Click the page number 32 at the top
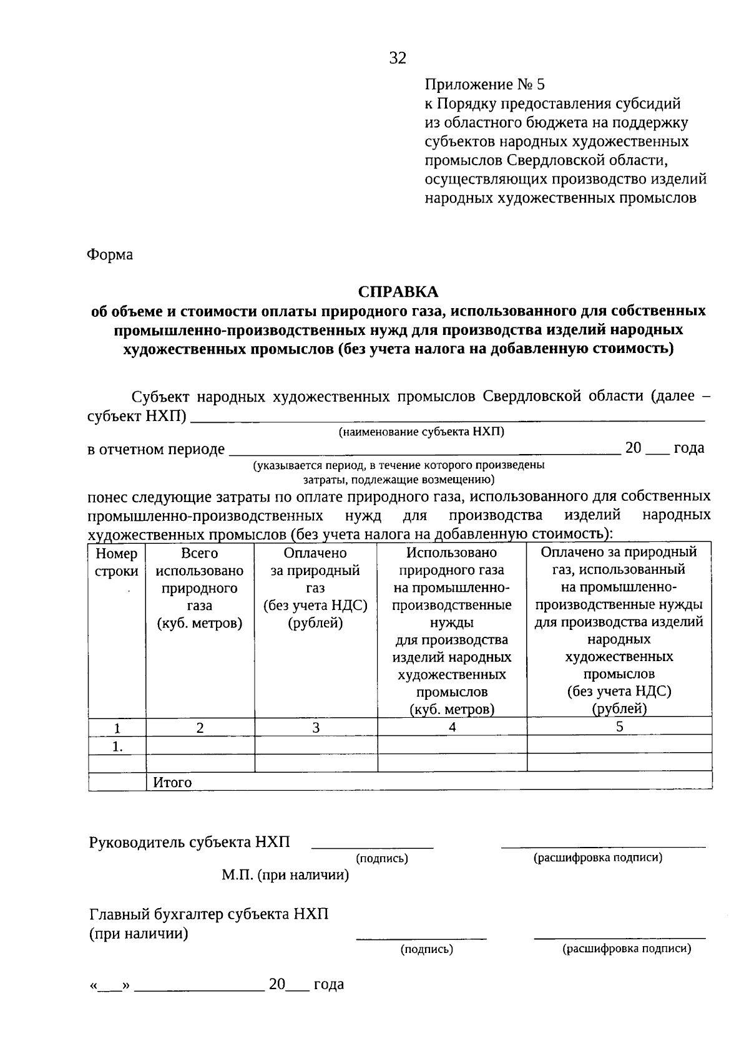click(x=398, y=58)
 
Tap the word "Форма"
click(x=110, y=255)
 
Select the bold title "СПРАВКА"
click(x=398, y=292)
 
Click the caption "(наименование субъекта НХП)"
click(x=421, y=432)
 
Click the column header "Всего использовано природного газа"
click(x=200, y=588)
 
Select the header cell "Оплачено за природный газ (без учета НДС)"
click(x=316, y=588)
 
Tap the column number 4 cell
click(x=452, y=727)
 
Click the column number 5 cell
click(x=619, y=727)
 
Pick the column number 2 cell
click(x=200, y=727)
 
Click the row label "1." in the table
click(x=117, y=746)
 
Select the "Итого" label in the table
click(x=172, y=782)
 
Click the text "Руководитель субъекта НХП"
click(x=190, y=842)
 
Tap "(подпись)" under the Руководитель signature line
click(x=382, y=859)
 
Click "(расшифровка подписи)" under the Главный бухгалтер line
click(x=627, y=949)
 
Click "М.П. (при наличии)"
click(x=285, y=875)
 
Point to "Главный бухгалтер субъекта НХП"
click(x=208, y=914)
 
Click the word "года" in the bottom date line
click(x=328, y=984)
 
